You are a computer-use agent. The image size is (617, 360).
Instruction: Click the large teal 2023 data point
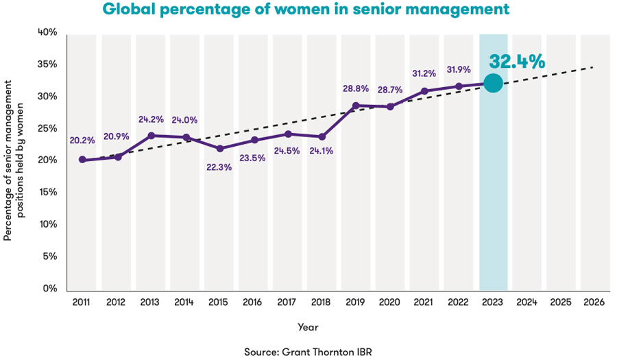(493, 83)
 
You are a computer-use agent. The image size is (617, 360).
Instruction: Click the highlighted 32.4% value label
(517, 62)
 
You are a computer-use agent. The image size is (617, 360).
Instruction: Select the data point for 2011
(82, 160)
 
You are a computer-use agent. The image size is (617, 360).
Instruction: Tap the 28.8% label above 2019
(356, 89)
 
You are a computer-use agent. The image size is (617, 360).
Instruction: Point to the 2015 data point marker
(219, 149)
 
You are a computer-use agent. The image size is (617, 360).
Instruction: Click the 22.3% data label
(219, 167)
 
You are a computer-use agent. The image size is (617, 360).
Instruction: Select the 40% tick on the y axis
(47, 32)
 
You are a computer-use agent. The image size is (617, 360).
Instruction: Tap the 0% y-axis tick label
(49, 289)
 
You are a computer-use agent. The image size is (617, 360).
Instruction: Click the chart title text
(306, 10)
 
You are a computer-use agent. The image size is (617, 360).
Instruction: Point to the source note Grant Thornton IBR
(308, 352)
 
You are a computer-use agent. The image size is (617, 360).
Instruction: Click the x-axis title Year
(308, 327)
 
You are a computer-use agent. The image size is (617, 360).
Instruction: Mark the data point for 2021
(424, 91)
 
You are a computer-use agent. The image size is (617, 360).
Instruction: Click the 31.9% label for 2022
(459, 69)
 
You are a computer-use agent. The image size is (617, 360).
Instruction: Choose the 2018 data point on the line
(322, 136)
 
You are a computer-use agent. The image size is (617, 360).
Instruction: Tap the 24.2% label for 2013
(151, 119)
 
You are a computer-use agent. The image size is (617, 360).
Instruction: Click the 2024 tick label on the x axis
(526, 302)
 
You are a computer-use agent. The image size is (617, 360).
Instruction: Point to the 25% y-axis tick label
(47, 128)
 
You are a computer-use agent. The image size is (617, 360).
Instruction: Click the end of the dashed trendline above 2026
(592, 67)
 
